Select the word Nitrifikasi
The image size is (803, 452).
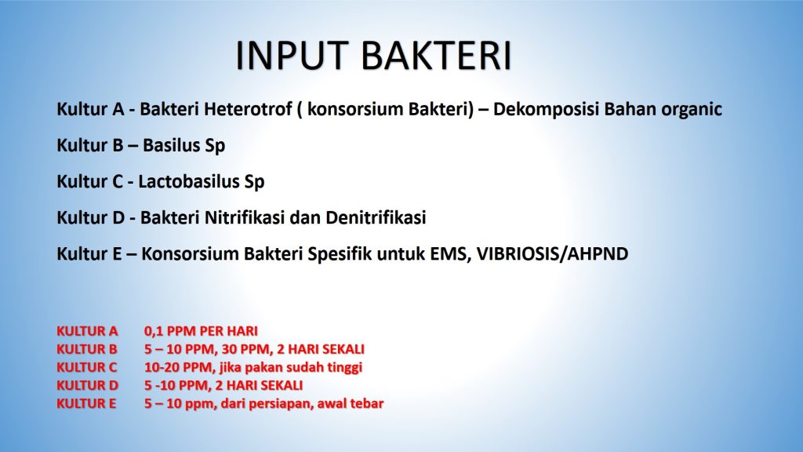245,218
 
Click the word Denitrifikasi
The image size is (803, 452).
376,218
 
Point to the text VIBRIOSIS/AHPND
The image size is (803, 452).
553,254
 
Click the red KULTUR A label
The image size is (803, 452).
87,331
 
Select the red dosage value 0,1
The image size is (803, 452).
154,332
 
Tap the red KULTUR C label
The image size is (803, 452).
86,367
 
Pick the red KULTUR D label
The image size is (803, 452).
88,385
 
